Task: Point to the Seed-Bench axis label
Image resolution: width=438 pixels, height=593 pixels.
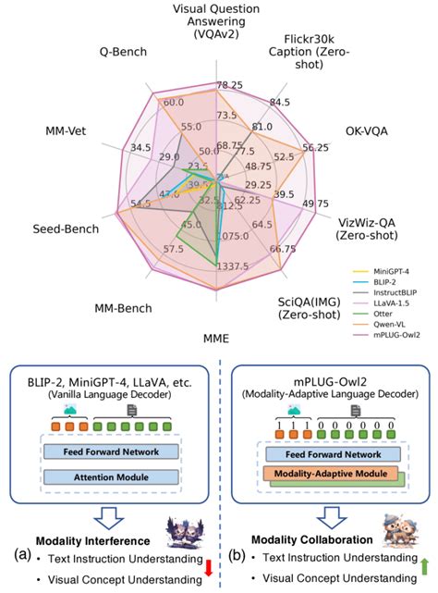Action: (49, 229)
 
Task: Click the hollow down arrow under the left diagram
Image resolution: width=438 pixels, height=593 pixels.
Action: (109, 514)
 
